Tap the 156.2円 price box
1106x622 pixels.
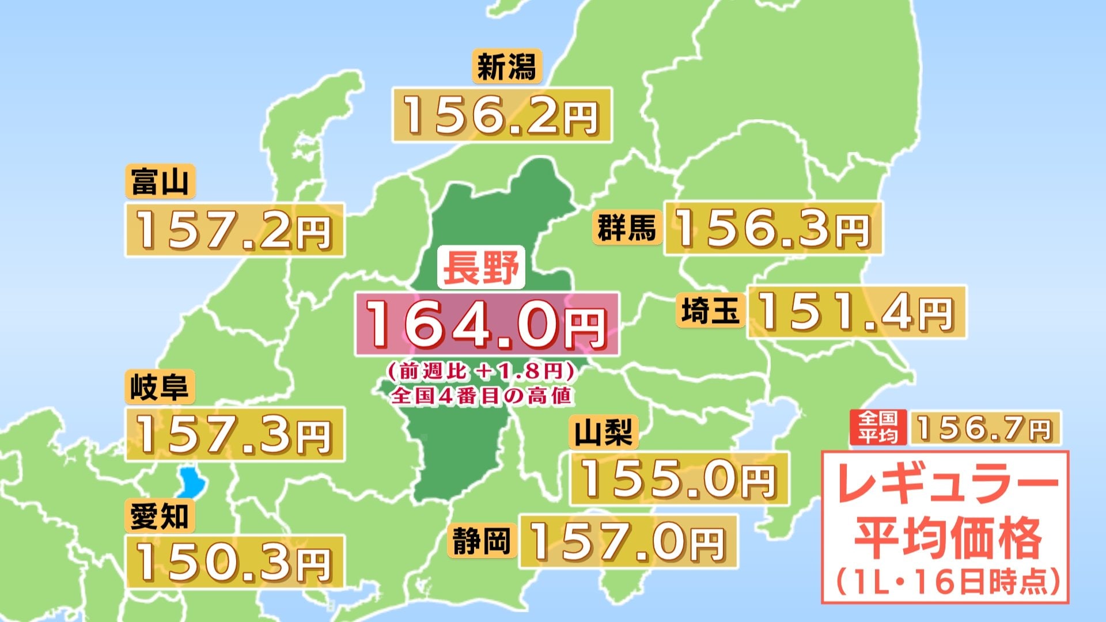coord(501,115)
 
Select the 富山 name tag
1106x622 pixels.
coord(160,182)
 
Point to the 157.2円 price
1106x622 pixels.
coord(234,230)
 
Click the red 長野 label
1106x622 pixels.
coord(481,267)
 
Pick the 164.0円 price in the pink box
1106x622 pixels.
coord(487,324)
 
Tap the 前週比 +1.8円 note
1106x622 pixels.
coord(482,371)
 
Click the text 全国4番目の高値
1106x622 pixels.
coord(482,396)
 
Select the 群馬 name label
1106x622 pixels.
coord(627,227)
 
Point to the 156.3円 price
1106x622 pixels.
coord(772,228)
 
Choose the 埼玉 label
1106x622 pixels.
coord(710,312)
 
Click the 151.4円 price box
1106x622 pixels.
coord(856,312)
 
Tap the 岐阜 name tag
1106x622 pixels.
coord(160,386)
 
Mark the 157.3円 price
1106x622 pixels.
coord(234,434)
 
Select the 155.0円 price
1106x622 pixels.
coord(679,479)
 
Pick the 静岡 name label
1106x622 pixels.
coord(481,541)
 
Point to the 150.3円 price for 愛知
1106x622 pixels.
coord(234,562)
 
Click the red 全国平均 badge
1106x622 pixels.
coord(877,427)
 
